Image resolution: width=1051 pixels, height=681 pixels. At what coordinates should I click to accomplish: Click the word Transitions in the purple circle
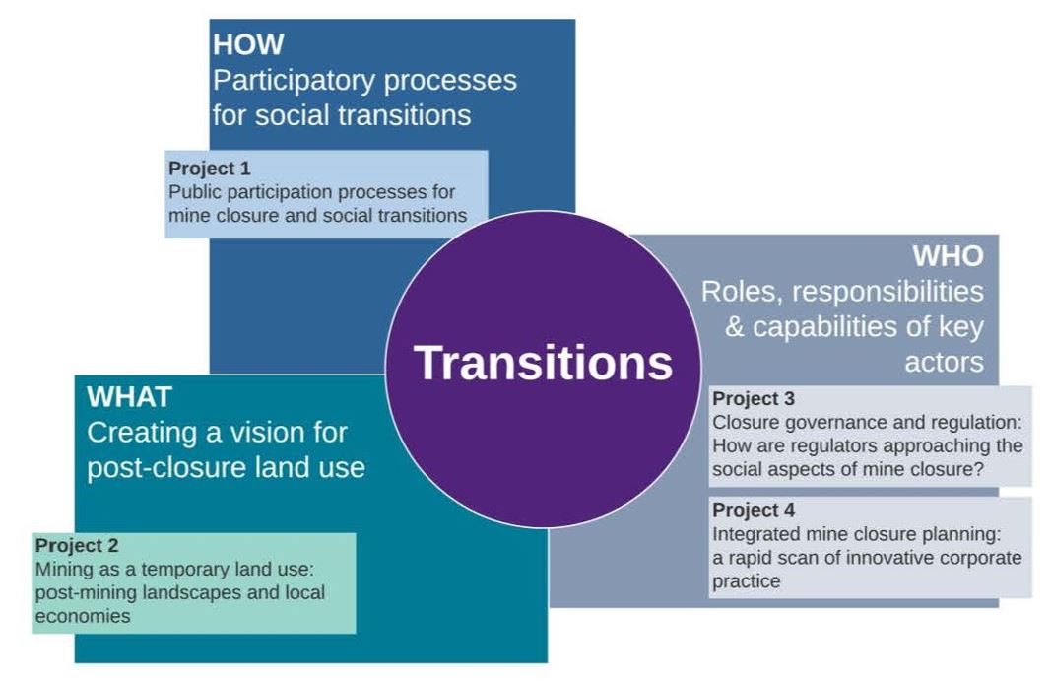click(543, 363)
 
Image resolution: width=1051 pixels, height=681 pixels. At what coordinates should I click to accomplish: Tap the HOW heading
click(248, 45)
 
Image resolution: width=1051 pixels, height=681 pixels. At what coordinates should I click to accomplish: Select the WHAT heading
click(129, 396)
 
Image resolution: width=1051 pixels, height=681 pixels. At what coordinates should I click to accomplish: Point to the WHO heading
click(948, 255)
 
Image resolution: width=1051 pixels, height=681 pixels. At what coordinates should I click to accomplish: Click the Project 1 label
click(209, 168)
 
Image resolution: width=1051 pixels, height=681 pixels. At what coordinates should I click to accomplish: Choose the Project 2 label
click(77, 545)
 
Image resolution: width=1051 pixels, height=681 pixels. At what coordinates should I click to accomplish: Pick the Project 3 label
click(754, 398)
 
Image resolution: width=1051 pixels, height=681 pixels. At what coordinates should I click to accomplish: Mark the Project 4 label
click(754, 510)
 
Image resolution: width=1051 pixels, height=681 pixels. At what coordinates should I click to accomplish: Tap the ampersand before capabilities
click(735, 327)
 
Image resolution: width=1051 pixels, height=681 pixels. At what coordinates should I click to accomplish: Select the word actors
click(944, 363)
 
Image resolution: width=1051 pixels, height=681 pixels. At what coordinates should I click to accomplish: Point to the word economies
click(83, 616)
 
